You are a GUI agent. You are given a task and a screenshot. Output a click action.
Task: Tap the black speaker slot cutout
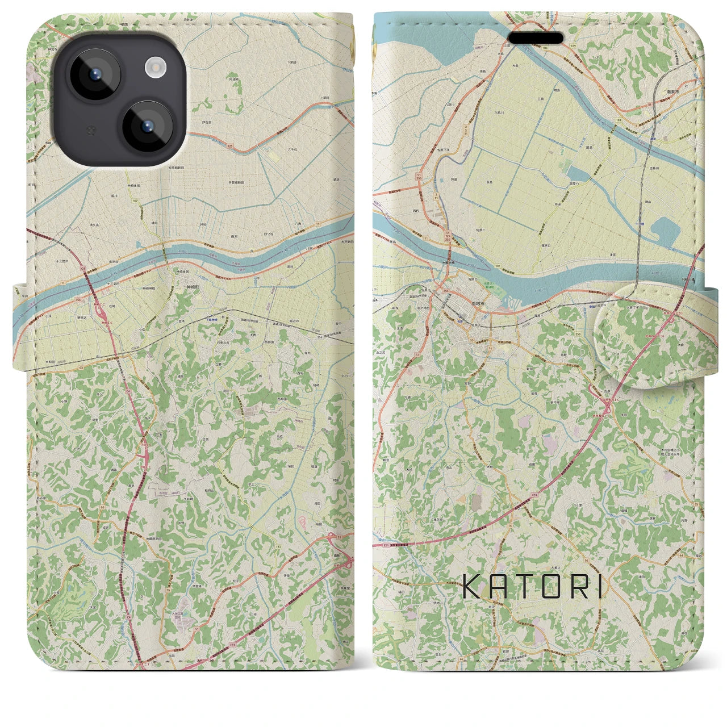point(536,37)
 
